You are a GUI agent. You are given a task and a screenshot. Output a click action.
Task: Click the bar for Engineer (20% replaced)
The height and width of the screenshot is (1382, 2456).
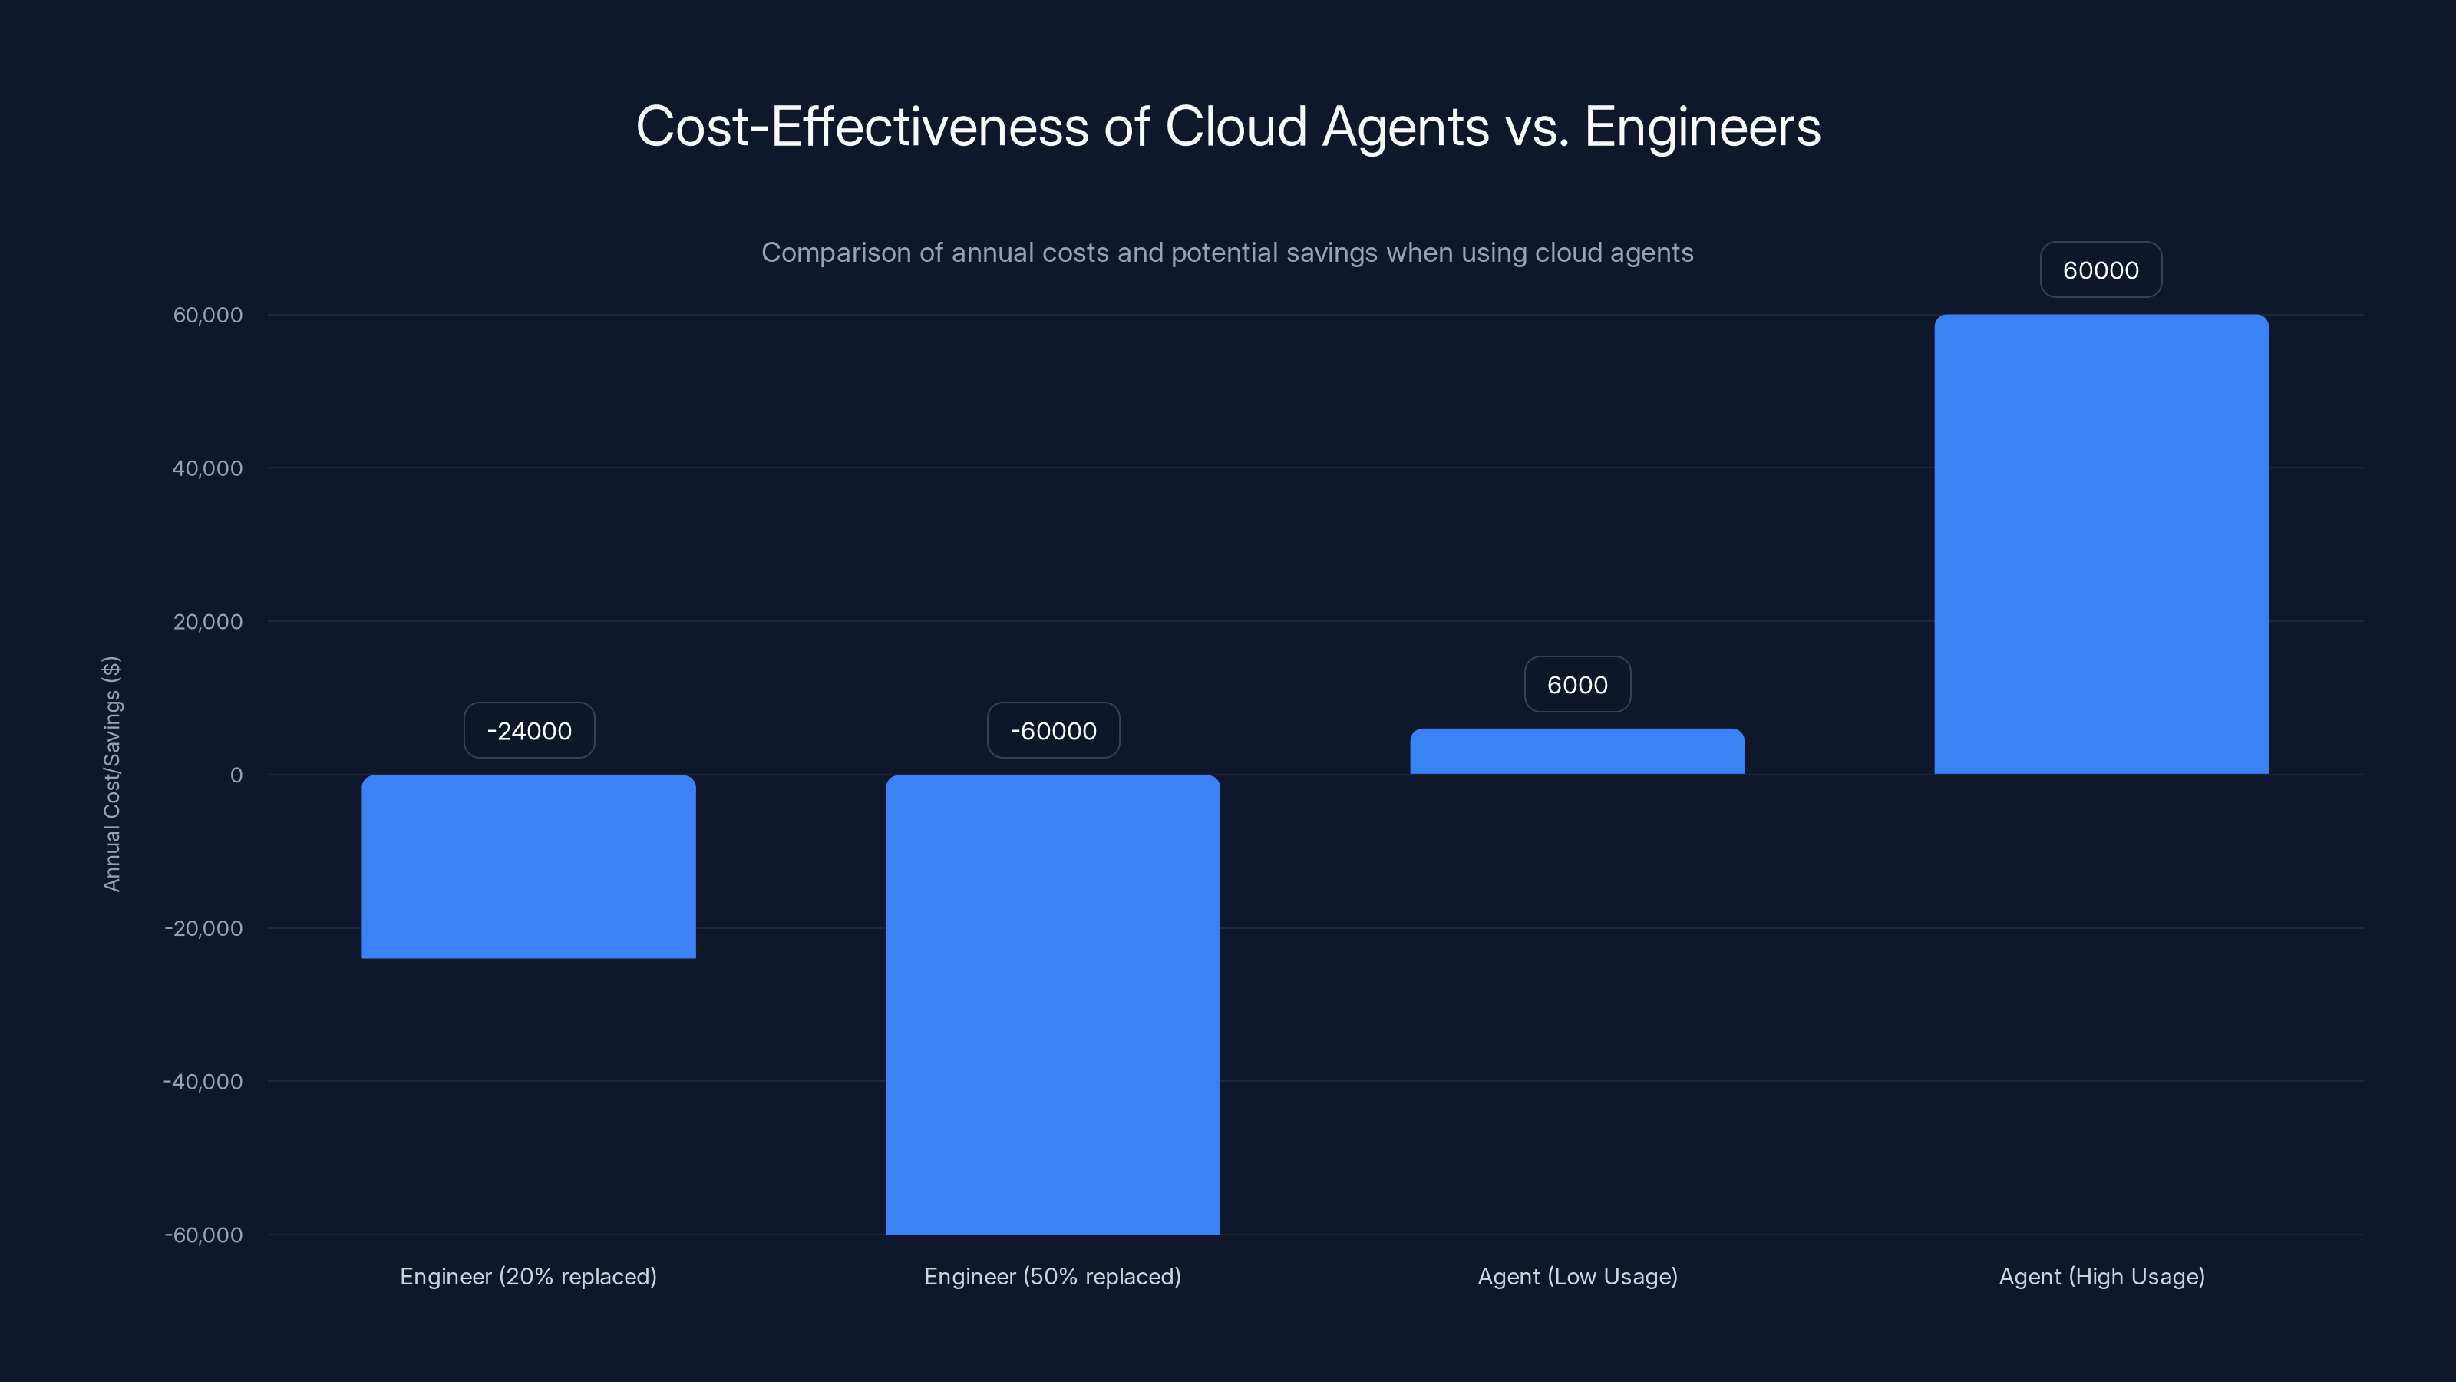[x=528, y=866]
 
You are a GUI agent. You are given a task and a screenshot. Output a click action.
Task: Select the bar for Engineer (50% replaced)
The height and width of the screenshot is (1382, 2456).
[x=1052, y=1003]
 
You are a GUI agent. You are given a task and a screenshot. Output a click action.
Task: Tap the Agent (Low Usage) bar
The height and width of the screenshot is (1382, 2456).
[x=1577, y=752]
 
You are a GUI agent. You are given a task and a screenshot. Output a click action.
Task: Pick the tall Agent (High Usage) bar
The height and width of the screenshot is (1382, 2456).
[x=2101, y=544]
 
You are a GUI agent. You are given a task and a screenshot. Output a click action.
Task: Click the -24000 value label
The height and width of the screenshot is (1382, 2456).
[x=529, y=731]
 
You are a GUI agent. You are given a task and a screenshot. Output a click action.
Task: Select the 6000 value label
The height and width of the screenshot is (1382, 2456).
[x=1577, y=685]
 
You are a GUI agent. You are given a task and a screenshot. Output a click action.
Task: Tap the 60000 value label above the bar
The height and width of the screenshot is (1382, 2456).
[x=2101, y=270]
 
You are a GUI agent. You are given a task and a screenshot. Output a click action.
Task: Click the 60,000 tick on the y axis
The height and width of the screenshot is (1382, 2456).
[x=208, y=315]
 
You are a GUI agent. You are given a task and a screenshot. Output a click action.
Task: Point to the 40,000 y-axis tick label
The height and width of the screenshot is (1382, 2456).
[x=207, y=468]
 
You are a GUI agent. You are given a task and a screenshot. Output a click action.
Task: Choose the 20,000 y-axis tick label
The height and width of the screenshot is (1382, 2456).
[x=208, y=622]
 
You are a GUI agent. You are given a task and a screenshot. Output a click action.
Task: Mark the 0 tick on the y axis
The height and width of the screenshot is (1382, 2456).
[x=236, y=775]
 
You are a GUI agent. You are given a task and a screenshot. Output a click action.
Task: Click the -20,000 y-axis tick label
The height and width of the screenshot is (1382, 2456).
[x=203, y=928]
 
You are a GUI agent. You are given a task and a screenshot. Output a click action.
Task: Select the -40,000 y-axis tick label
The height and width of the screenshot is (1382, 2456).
[x=203, y=1082]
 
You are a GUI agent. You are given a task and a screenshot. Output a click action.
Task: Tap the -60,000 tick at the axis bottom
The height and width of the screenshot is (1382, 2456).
[x=203, y=1235]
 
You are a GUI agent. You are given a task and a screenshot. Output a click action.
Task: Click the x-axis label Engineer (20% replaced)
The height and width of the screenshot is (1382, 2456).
[x=528, y=1276]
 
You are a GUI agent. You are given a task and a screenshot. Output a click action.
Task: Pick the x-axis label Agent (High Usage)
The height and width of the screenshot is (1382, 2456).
[x=2101, y=1276]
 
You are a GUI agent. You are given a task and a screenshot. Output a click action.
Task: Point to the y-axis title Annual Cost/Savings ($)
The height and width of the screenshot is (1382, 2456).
[x=111, y=773]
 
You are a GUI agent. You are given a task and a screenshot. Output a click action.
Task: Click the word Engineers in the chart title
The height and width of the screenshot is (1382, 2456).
[x=1702, y=127]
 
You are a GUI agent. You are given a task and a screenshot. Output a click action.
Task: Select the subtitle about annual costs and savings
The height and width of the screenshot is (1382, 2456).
[x=1227, y=253]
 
